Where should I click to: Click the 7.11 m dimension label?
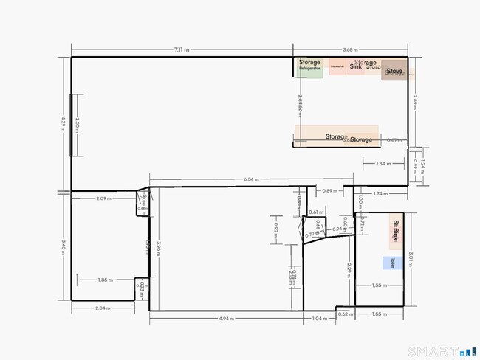(181, 49)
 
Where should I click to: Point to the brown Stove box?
(394, 72)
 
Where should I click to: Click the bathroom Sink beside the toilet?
(397, 233)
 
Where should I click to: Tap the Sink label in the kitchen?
(356, 66)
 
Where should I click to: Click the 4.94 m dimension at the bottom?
(227, 319)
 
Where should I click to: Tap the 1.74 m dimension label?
(380, 193)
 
